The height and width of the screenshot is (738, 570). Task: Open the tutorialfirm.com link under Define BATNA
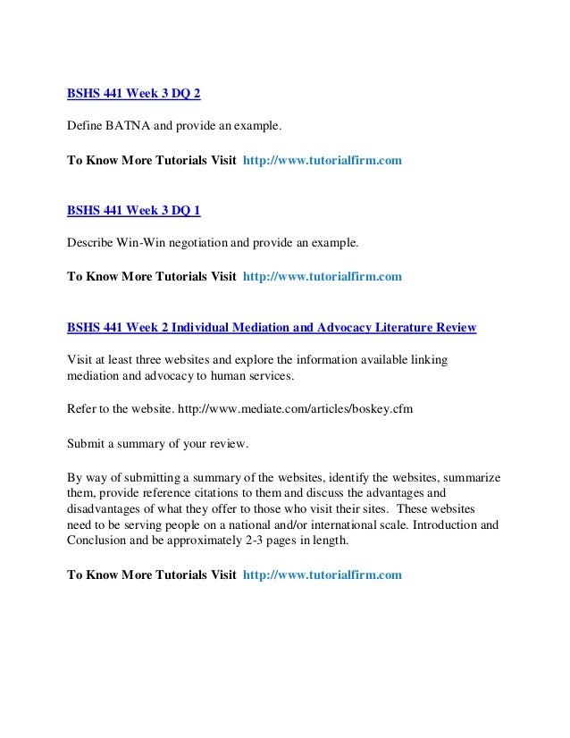322,161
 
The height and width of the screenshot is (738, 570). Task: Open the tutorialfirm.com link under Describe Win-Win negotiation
322,277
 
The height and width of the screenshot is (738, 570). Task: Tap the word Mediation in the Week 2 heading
247,328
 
